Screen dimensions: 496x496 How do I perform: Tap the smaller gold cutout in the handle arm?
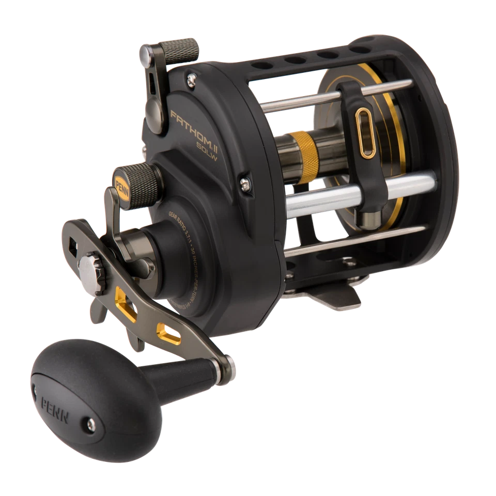pyautogui.click(x=169, y=329)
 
